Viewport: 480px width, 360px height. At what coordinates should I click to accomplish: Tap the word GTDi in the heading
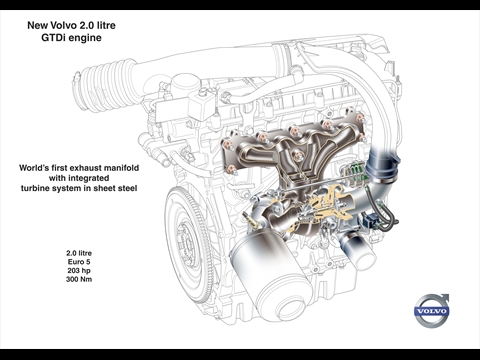pyautogui.click(x=53, y=38)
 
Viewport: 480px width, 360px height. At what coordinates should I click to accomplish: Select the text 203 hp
pyautogui.click(x=79, y=270)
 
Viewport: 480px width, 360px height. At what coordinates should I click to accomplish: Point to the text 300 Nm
pyautogui.click(x=79, y=279)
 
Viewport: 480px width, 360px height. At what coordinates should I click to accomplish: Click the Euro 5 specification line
pyautogui.click(x=79, y=262)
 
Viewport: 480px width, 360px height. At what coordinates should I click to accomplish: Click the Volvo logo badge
pyautogui.click(x=432, y=311)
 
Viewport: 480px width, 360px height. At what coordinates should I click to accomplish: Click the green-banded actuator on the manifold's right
pyautogui.click(x=355, y=173)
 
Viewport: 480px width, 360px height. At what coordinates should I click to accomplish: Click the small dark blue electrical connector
pyautogui.click(x=369, y=221)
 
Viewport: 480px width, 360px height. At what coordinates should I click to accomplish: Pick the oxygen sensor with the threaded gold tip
pyautogui.click(x=251, y=220)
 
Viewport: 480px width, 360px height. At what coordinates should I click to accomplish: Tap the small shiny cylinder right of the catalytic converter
pyautogui.click(x=357, y=250)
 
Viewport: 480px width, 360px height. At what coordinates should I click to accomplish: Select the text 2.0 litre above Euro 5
pyautogui.click(x=79, y=253)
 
